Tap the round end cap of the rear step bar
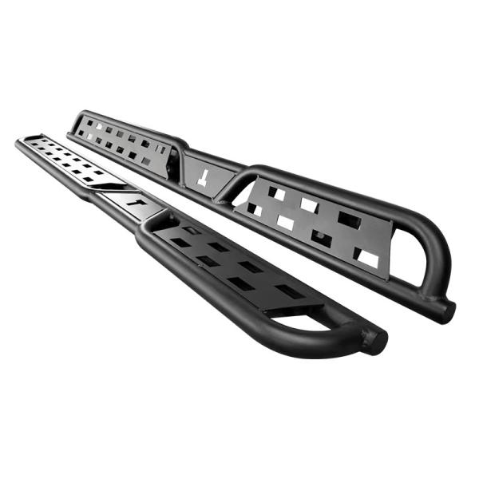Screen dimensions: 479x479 point(447,309)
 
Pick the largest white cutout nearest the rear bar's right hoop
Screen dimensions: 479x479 point(366,257)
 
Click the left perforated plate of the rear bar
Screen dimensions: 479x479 point(124,140)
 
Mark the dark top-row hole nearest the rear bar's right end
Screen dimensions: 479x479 point(349,217)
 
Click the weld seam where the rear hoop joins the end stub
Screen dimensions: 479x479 point(435,299)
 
